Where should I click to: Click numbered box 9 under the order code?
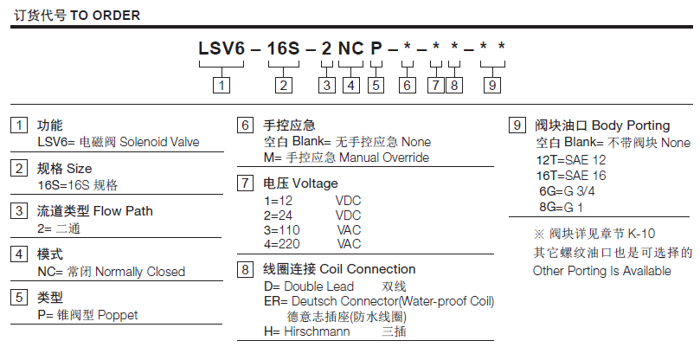pos(491,85)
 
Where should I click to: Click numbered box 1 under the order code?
pos(222,85)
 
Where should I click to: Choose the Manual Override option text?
pos(383,157)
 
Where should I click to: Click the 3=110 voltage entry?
pos(283,229)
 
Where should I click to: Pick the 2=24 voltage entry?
pos(279,215)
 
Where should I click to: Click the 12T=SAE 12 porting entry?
pos(571,160)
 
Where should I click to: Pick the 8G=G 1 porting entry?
pos(561,207)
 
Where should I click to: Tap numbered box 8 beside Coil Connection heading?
pos(246,269)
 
